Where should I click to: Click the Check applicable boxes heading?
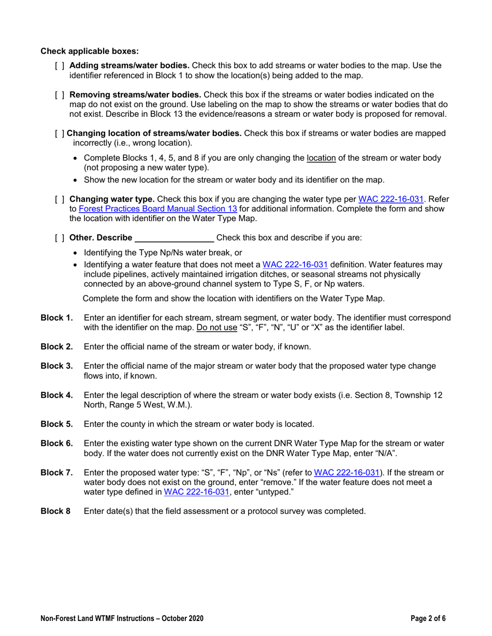pos(90,51)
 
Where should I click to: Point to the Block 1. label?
pos(56,317)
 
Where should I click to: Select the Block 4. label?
pos(56,395)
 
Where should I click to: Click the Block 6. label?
pos(56,444)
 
